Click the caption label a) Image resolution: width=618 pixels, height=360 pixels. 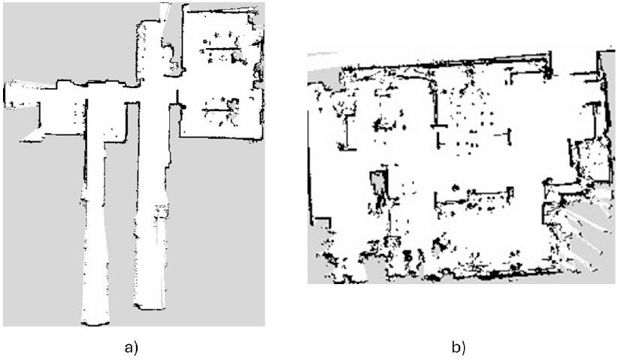(x=132, y=348)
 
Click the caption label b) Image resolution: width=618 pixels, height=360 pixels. (x=459, y=348)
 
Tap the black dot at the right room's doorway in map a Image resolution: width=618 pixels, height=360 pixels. (x=183, y=107)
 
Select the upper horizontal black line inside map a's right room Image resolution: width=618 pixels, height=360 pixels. (x=223, y=49)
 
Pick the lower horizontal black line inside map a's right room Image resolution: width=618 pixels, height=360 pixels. (x=217, y=110)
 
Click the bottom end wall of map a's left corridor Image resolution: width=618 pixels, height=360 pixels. (x=95, y=324)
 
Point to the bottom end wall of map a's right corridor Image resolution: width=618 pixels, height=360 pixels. (x=149, y=307)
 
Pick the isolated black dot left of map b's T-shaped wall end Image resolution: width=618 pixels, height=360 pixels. (x=404, y=127)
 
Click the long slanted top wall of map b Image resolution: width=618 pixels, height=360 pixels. (x=445, y=62)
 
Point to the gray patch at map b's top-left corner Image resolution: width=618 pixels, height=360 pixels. (x=323, y=67)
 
